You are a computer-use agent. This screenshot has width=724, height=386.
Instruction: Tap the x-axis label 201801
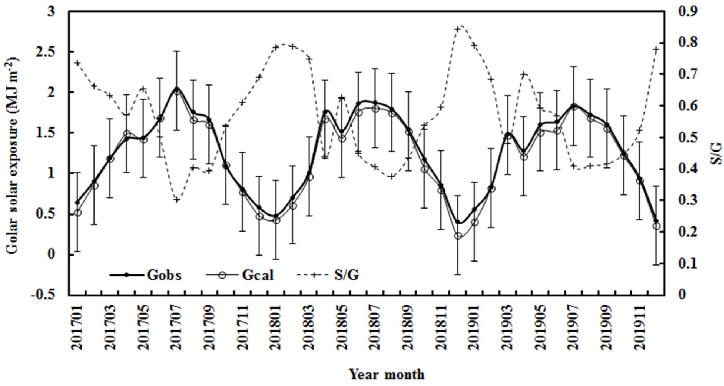click(276, 327)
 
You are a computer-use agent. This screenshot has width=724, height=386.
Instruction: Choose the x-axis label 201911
click(639, 327)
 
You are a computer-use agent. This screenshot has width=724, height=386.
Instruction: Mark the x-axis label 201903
click(508, 327)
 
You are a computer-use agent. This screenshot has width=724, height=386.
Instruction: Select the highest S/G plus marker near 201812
click(458, 29)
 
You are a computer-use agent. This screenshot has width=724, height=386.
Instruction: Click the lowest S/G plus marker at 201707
click(176, 200)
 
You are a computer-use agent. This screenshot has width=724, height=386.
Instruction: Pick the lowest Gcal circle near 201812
click(458, 236)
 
